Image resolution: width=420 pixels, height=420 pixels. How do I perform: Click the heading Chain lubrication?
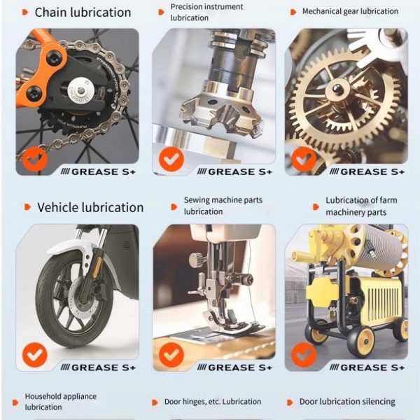click(x=83, y=13)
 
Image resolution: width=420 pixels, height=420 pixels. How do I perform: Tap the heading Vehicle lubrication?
click(x=90, y=208)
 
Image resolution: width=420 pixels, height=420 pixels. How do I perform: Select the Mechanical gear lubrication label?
click(x=350, y=11)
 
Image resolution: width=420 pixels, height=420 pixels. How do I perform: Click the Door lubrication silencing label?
click(x=347, y=402)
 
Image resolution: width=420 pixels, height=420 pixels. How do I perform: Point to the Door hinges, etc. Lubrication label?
click(x=213, y=402)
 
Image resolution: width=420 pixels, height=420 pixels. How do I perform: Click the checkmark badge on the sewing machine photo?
click(x=171, y=355)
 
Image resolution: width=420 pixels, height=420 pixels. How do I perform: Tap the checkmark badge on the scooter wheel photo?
click(x=35, y=355)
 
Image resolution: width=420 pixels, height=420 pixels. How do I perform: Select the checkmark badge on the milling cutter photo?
click(x=171, y=159)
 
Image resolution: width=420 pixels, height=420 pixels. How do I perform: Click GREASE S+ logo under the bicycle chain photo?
click(x=98, y=171)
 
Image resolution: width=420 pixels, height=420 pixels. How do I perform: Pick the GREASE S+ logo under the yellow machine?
click(x=367, y=367)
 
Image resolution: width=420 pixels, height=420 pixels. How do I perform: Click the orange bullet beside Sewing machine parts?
click(x=174, y=206)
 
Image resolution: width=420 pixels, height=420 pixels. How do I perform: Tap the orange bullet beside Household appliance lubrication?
click(x=15, y=402)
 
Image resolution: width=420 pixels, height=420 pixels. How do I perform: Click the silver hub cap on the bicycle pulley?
click(x=80, y=91)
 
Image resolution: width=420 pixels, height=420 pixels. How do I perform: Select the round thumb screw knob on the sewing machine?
click(x=195, y=260)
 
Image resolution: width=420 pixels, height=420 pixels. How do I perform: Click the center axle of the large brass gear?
click(x=337, y=87)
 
